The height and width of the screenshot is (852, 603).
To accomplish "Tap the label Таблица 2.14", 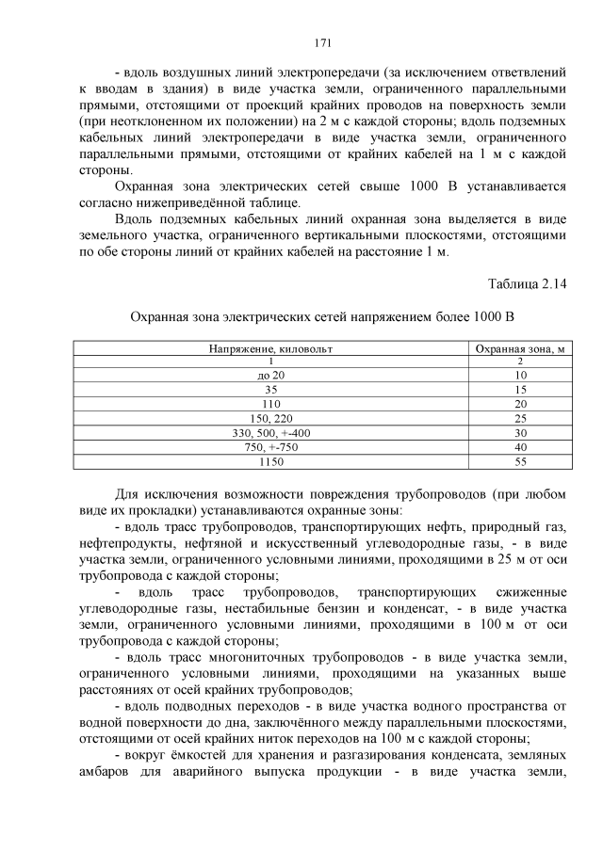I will tap(527, 284).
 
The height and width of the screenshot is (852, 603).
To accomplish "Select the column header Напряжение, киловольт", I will tap(270, 348).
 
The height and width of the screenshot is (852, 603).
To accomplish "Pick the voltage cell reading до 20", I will tap(270, 375).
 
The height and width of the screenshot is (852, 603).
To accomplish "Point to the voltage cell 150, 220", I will tap(270, 418).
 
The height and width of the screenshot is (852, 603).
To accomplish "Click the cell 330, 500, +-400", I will tap(270, 432).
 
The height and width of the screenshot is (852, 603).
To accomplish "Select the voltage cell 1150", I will tap(270, 461).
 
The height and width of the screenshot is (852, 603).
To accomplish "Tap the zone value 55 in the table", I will tap(519, 461).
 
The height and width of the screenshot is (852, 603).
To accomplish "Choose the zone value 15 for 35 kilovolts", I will tap(519, 389).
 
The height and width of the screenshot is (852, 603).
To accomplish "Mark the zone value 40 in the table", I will tap(519, 446).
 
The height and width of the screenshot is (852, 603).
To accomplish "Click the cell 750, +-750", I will tap(270, 446).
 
